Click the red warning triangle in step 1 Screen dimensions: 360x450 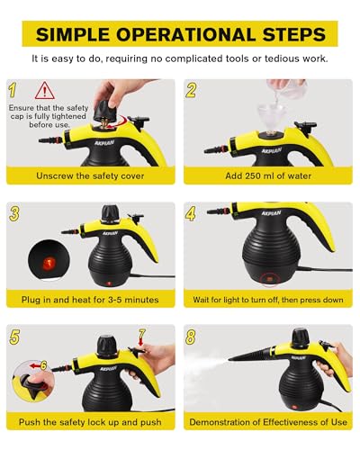45,91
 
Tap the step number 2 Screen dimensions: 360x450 191,90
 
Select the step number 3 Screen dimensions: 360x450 14,213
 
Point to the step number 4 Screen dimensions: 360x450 191,213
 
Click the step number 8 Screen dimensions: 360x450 191,337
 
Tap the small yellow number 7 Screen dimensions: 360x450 142,333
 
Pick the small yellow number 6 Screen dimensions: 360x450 44,365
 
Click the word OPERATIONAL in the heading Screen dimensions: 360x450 185,34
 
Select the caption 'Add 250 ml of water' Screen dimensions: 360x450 268,175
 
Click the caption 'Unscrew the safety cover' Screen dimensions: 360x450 90,175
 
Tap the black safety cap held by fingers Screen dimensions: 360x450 106,112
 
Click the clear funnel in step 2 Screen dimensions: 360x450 269,117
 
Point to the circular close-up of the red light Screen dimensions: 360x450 49,260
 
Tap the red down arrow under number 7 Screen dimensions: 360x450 141,341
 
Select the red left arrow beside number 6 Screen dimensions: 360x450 35,366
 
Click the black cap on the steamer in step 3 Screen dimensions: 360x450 111,212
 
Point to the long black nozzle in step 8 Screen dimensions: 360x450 251,355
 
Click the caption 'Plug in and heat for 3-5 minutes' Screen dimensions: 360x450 90,300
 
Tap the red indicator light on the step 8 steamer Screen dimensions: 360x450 294,408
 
